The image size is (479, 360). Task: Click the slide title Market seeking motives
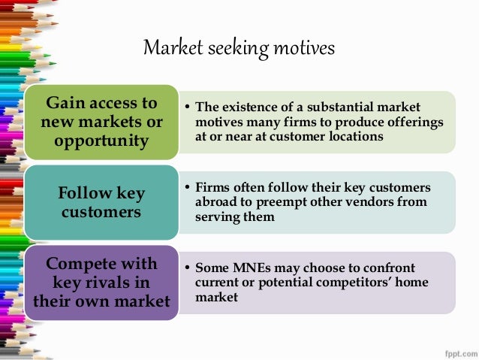pos(239,49)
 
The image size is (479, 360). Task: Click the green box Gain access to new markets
pos(101,122)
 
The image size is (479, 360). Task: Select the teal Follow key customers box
pos(101,202)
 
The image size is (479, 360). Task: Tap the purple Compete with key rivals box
pos(101,283)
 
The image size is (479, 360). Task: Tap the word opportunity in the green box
pos(101,141)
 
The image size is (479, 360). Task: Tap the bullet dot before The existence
pos(186,107)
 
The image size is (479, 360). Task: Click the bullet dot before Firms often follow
pos(186,188)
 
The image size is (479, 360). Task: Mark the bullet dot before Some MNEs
pos(186,268)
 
